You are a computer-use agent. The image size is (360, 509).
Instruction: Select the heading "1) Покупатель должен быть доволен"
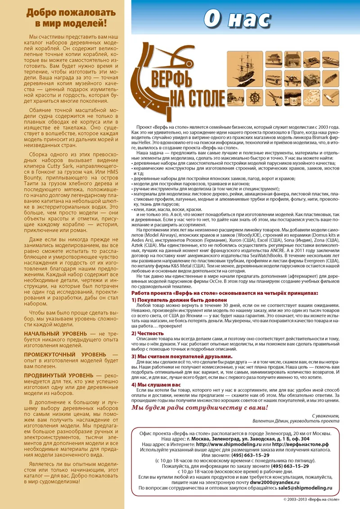(x=174, y=299)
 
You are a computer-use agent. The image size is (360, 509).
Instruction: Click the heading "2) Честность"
(x=148, y=333)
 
